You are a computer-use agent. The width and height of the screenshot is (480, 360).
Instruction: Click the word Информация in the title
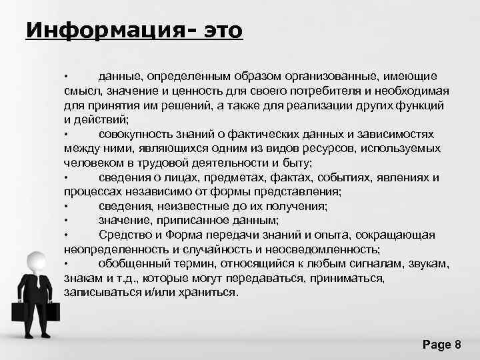coord(106,31)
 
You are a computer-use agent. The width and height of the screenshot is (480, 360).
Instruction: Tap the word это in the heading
coord(219,31)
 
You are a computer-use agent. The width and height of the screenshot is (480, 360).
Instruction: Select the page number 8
coord(457,345)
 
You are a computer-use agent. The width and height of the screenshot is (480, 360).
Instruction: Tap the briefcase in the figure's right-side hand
coord(55,311)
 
